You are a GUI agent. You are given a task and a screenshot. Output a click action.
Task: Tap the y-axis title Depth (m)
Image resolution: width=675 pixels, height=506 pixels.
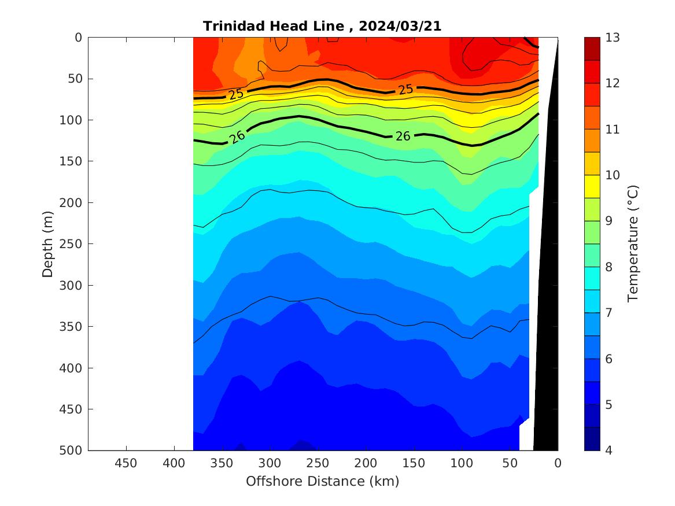48,243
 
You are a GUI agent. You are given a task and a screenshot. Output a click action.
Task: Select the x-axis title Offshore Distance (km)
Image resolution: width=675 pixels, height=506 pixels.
322,481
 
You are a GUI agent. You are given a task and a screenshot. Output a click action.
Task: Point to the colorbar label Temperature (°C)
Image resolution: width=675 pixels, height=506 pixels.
632,243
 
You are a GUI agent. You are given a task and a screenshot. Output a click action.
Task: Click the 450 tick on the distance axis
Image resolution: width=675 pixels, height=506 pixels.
126,464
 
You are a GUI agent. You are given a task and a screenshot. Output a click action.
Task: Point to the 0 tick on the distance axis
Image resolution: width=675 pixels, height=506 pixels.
558,464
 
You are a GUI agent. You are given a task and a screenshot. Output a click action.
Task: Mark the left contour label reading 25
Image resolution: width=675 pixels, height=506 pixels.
235,94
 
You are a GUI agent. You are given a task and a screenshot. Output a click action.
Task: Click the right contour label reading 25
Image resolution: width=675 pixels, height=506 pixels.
405,89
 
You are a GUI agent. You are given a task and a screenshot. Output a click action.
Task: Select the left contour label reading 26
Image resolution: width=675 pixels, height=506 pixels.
237,137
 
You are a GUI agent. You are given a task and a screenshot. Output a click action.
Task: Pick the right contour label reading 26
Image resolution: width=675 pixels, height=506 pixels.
403,136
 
